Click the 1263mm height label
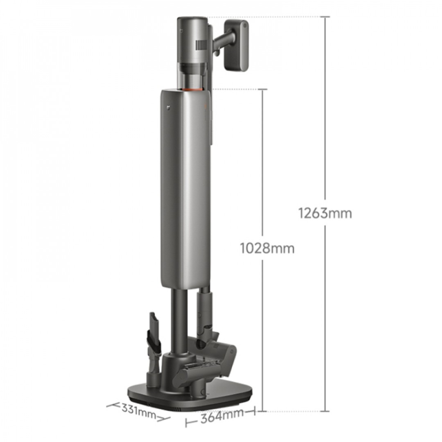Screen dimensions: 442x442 pos(325,213)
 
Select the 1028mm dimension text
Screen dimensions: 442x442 pos(267,248)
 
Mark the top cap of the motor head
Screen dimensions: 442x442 pos(191,21)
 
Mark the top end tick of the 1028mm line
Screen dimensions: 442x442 pos(262,89)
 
